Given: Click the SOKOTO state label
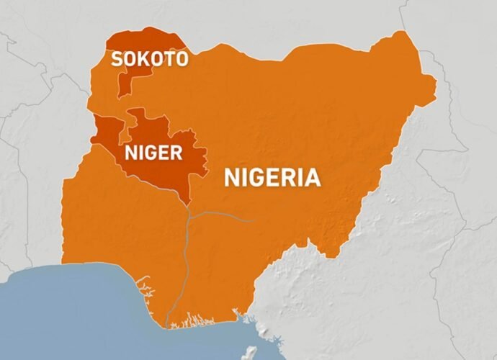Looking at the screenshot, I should tap(149, 58).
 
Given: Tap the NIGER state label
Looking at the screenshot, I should tap(153, 153).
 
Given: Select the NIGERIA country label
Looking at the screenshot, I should tap(272, 177).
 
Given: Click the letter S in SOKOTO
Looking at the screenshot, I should tap(116, 58).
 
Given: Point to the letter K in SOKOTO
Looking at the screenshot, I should tap(143, 58).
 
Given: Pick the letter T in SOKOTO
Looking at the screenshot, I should tap(169, 58).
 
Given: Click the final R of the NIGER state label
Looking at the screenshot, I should tap(176, 153).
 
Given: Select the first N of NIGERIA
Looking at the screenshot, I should tap(231, 177).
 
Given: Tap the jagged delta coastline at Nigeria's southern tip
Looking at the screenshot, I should tap(194, 317).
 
